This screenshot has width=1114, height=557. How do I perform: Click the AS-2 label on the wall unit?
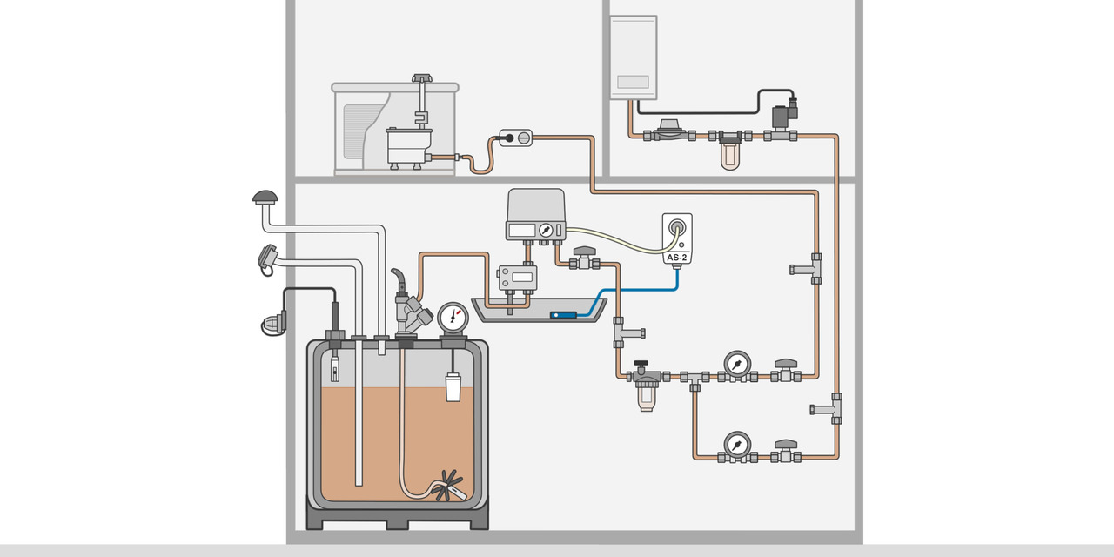pyautogui.click(x=677, y=258)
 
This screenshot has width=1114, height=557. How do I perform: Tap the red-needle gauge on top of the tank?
pyautogui.click(x=453, y=317)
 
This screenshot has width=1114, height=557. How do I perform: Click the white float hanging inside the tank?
pyautogui.click(x=453, y=386)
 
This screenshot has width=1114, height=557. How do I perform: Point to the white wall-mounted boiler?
pyautogui.click(x=633, y=57)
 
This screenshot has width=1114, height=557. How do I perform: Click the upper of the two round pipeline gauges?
pyautogui.click(x=737, y=364)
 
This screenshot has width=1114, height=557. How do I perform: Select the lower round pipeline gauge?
pyautogui.click(x=737, y=444)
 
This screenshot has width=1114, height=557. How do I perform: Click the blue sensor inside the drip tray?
pyautogui.click(x=564, y=315)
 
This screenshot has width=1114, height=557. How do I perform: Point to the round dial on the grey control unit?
pyautogui.click(x=546, y=230)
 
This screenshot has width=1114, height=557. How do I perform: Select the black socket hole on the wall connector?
pyautogui.click(x=507, y=137)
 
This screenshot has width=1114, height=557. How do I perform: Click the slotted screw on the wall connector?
pyautogui.click(x=522, y=137)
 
